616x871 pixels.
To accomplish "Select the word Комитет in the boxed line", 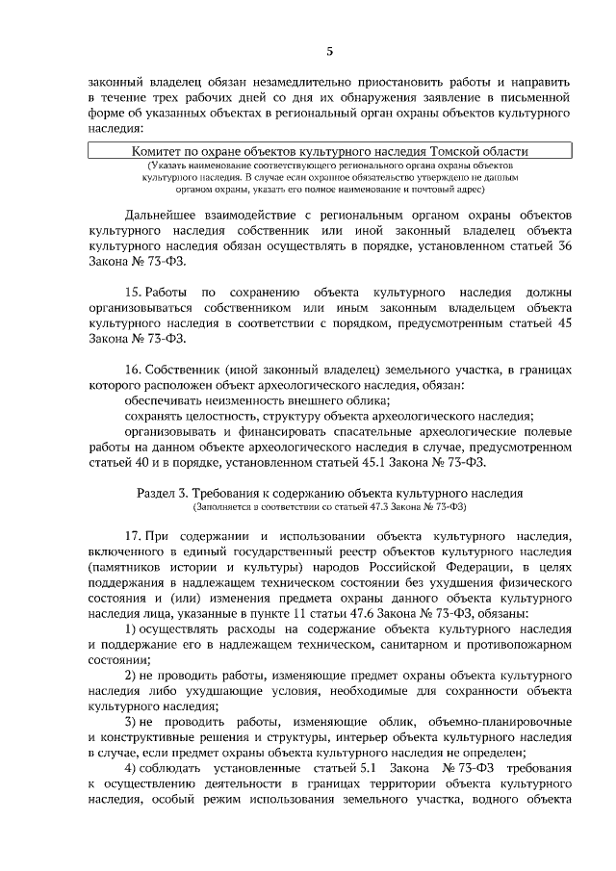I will [x=161, y=151].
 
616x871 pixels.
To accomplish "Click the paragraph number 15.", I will [x=135, y=292].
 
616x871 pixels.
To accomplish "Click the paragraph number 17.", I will [x=135, y=535].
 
